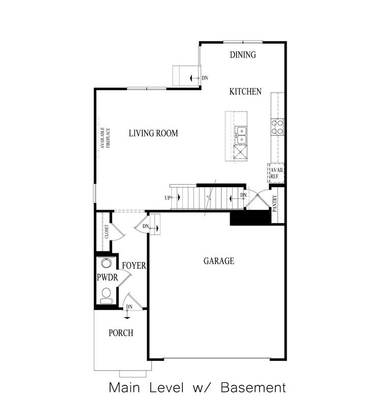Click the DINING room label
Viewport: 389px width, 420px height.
(242, 55)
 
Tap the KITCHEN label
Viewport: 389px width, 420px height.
(245, 92)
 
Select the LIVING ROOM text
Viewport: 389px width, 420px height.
(153, 134)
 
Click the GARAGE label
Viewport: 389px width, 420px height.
(219, 261)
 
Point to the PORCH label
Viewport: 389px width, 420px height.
(121, 333)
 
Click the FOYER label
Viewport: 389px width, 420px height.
(134, 266)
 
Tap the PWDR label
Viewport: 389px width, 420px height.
(107, 278)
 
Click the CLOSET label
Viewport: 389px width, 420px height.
(106, 231)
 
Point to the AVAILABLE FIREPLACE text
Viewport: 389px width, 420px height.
(105, 138)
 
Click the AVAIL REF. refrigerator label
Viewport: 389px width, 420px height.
(276, 173)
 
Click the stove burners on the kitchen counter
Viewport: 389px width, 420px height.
(277, 126)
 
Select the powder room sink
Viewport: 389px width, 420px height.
(106, 264)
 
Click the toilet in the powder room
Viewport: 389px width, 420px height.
(106, 295)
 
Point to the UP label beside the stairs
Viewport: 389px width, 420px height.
(167, 198)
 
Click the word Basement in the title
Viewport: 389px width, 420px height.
(253, 388)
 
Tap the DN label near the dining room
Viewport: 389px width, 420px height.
(205, 78)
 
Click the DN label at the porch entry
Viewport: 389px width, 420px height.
(129, 306)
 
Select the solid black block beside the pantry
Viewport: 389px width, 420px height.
(250, 218)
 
